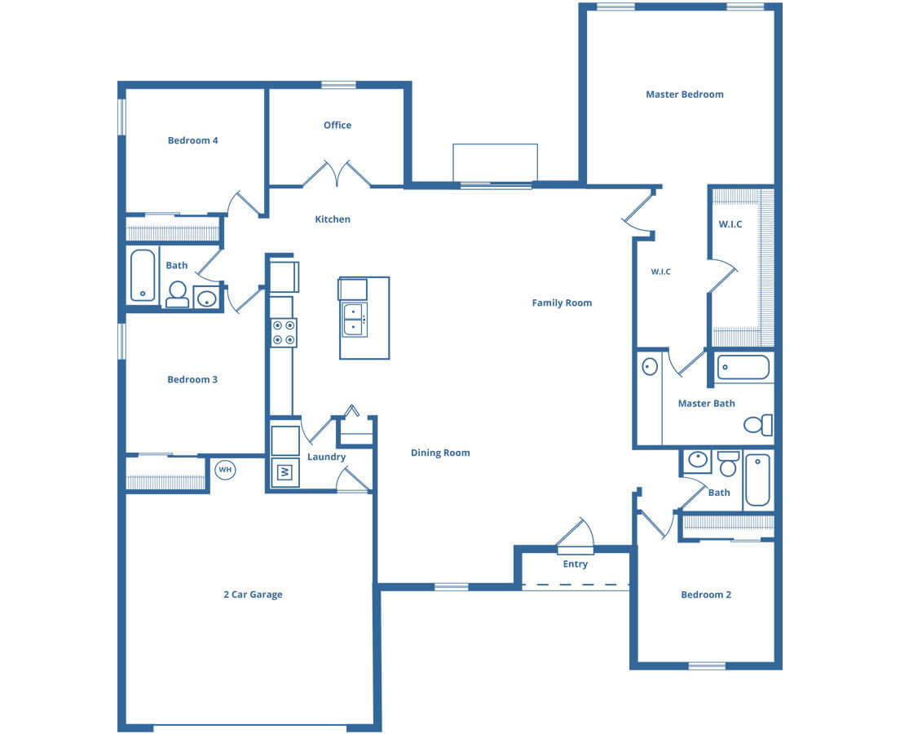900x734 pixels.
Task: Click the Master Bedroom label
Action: [684, 95]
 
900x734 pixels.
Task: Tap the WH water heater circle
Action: [225, 470]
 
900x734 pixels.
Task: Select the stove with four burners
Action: [285, 333]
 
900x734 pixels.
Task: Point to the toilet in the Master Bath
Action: [758, 425]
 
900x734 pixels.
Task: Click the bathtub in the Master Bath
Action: [743, 368]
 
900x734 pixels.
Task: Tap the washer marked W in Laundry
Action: [285, 473]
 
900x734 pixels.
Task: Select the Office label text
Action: [337, 126]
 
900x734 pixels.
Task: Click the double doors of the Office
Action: [337, 174]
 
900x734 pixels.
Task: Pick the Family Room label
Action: [562, 303]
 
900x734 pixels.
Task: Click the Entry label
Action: [575, 564]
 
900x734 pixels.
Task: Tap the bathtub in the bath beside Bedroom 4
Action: [143, 275]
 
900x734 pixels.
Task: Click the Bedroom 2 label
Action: [706, 595]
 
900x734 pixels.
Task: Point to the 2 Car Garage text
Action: [253, 595]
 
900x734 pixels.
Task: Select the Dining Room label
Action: [440, 453]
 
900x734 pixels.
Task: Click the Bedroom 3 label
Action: [192, 379]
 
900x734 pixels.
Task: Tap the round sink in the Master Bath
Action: [650, 366]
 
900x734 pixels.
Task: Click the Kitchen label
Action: [333, 219]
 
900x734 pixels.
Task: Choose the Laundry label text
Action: [326, 458]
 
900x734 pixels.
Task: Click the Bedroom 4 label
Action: [192, 141]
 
